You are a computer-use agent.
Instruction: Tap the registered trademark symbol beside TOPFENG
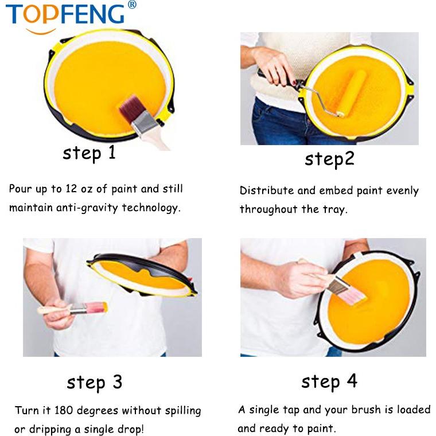click(132, 5)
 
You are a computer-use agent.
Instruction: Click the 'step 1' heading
click(89, 153)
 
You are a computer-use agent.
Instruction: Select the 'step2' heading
click(329, 159)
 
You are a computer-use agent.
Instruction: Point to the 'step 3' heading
click(95, 382)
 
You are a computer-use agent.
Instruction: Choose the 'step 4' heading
click(329, 381)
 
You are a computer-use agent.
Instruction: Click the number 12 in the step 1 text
click(71, 189)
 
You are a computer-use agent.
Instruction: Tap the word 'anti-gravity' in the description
click(87, 208)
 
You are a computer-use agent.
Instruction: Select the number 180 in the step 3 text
click(64, 410)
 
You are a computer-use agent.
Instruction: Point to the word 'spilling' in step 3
click(183, 411)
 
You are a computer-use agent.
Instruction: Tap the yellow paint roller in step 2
click(352, 93)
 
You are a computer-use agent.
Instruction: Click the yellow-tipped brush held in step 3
click(73, 309)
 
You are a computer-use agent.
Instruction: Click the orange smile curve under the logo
click(41, 32)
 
